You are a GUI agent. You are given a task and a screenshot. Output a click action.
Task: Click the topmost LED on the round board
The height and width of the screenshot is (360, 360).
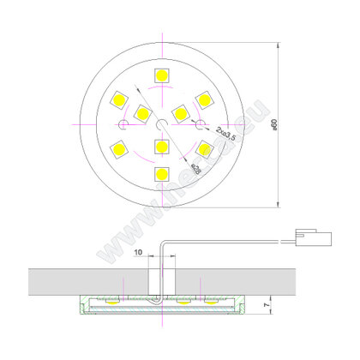tap(161, 73)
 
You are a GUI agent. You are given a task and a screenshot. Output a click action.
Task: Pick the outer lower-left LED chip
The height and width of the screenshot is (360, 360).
tap(117, 151)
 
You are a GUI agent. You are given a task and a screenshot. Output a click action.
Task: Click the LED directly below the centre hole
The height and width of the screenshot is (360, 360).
tap(161, 147)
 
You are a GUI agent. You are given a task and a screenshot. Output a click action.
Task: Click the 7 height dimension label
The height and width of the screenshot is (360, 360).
tap(269, 303)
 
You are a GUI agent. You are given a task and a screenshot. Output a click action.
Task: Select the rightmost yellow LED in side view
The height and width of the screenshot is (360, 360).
tap(209, 303)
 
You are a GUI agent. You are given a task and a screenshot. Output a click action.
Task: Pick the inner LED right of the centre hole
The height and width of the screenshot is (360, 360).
tap(180, 111)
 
